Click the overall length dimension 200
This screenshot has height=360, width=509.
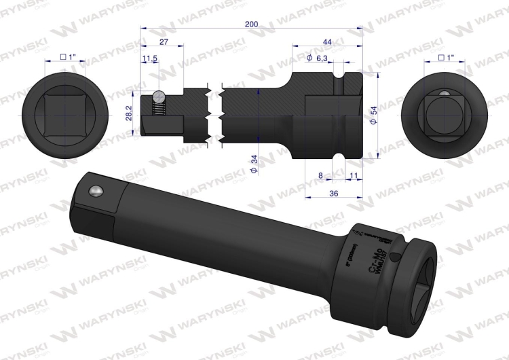click(x=252, y=24)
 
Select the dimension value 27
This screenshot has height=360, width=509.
click(x=163, y=41)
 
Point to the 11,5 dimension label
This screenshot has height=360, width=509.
click(x=150, y=60)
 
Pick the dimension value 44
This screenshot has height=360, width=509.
click(x=326, y=41)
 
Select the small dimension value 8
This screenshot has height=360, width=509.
click(x=320, y=175)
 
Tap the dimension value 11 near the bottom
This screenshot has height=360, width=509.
click(x=354, y=175)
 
